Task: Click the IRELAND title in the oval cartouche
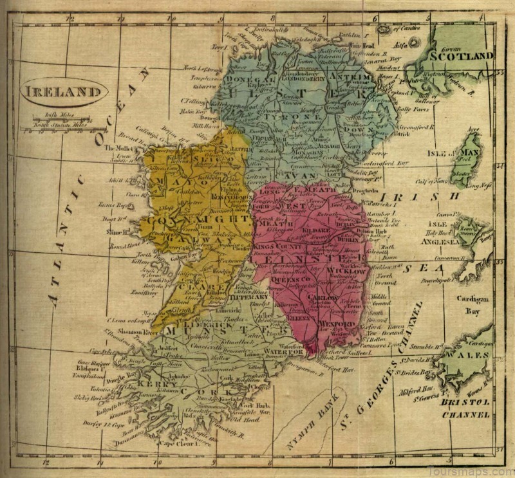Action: point(63,92)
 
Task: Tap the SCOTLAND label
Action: point(462,56)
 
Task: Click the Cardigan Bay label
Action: point(473,304)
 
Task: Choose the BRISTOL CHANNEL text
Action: point(466,408)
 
